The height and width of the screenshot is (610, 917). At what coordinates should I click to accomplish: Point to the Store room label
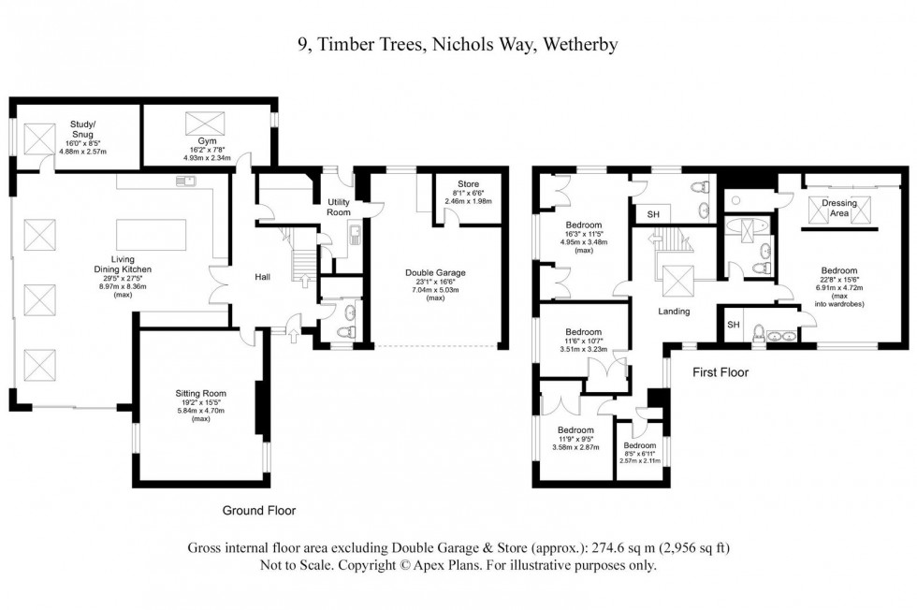[468, 184]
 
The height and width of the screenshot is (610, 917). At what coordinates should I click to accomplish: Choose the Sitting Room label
[201, 394]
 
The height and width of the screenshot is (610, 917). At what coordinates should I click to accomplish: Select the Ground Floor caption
[259, 511]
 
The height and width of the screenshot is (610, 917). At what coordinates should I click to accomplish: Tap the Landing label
[674, 311]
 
